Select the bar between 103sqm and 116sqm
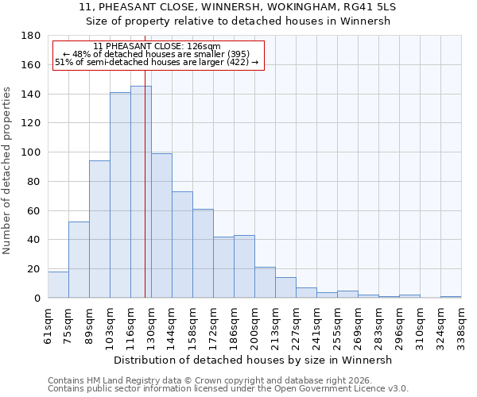[x=120, y=195]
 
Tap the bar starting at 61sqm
[x=58, y=284]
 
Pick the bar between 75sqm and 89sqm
[x=79, y=260]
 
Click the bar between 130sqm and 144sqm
[x=161, y=225]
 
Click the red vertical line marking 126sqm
[x=145, y=198]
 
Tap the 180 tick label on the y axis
[x=32, y=36]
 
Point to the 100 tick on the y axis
[x=32, y=152]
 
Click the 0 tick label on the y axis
[x=37, y=298]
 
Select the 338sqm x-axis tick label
[x=461, y=326]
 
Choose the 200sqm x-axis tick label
[x=255, y=326]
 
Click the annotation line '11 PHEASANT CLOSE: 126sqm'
[x=157, y=47]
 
